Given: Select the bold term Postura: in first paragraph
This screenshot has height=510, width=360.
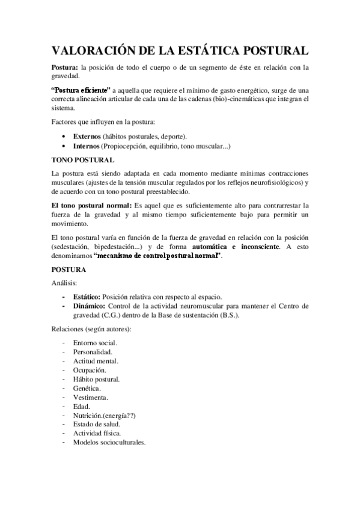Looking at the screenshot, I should (x=64, y=67).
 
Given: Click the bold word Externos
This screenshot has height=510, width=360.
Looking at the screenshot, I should (x=87, y=136).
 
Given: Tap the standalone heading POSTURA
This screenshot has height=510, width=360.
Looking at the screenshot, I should (x=69, y=270).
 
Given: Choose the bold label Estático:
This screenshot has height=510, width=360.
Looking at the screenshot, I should (x=87, y=296).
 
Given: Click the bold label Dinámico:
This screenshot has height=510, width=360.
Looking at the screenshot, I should (x=89, y=306).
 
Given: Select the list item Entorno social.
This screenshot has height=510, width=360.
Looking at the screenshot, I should (x=95, y=342).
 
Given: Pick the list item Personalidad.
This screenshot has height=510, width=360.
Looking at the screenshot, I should (x=93, y=351).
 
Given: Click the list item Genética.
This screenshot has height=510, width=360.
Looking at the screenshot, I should (x=87, y=389).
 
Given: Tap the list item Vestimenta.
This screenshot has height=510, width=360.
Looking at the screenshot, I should (x=91, y=398).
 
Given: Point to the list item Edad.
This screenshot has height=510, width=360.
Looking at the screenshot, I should (x=81, y=407).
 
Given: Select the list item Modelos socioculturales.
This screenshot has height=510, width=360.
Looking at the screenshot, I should (x=109, y=443).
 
